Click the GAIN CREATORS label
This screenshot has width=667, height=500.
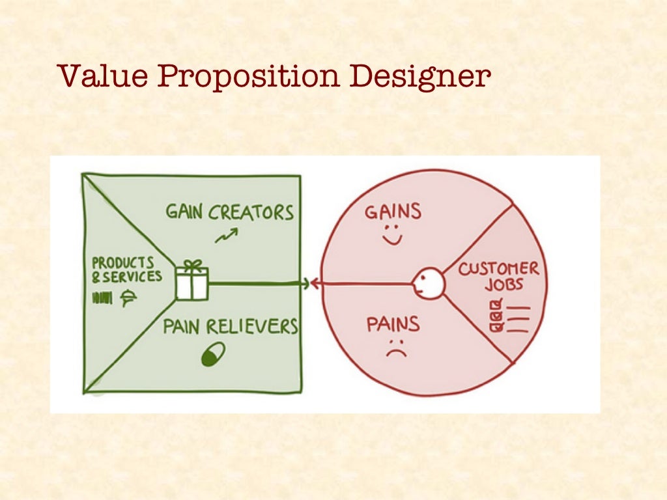tap(229, 212)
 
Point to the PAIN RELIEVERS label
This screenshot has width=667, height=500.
tap(230, 326)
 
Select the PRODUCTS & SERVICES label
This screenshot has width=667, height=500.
tap(126, 270)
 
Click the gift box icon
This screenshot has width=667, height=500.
tap(192, 281)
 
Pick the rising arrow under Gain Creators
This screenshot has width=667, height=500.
tap(226, 236)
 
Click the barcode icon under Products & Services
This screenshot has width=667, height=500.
tap(104, 298)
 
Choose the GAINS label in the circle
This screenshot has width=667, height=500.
tap(393, 212)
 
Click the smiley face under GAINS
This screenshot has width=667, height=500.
tap(393, 236)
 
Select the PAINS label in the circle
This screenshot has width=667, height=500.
tap(393, 324)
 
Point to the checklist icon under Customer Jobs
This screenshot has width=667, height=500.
tap(508, 314)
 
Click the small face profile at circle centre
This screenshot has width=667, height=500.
tap(428, 284)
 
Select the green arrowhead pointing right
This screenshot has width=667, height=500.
tap(304, 283)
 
